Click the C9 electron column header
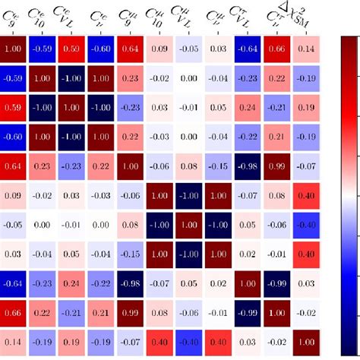pyautogui.click(x=14, y=17)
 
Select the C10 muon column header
pyautogui.click(x=159, y=17)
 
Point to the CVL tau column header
pyautogui.click(x=247, y=17)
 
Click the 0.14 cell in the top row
pyautogui.click(x=306, y=50)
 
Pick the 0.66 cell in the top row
pyautogui.click(x=276, y=50)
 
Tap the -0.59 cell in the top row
pyautogui.click(x=43, y=50)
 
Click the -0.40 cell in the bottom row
pyautogui.click(x=189, y=341)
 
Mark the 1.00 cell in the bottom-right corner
pyautogui.click(x=306, y=341)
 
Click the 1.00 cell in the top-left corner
pyautogui.click(x=14, y=50)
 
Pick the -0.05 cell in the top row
pyautogui.click(x=189, y=50)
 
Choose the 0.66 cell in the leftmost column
pyautogui.click(x=14, y=312)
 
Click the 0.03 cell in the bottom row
pyautogui.click(x=247, y=341)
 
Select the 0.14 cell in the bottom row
pyautogui.click(x=14, y=341)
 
